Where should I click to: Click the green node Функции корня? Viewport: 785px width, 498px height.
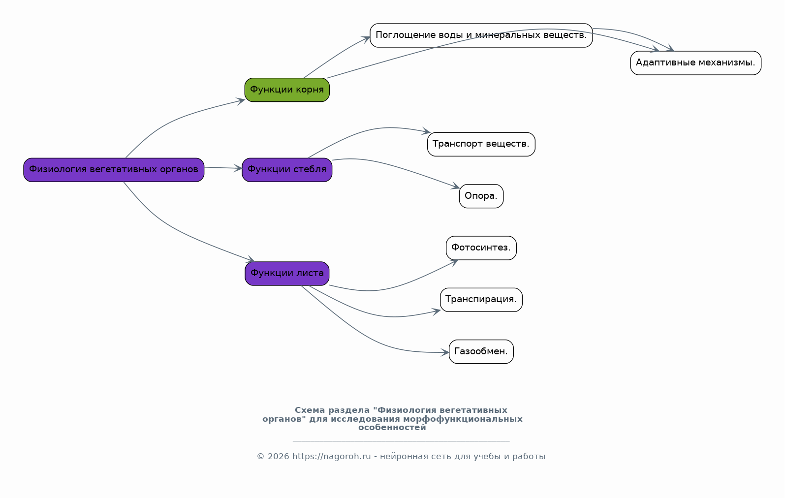click(287, 90)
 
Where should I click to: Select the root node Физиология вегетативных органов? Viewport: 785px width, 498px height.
click(114, 170)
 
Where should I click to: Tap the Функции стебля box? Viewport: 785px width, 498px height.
click(287, 170)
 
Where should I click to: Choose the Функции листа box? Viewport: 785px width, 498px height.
click(287, 274)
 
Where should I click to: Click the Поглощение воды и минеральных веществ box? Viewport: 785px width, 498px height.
click(481, 35)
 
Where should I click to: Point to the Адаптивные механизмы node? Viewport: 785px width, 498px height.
click(695, 63)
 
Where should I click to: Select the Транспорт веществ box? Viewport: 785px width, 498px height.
click(481, 144)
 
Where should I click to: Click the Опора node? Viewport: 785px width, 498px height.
click(481, 196)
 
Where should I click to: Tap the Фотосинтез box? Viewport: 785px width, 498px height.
click(481, 248)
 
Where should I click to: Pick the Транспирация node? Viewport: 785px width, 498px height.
click(481, 300)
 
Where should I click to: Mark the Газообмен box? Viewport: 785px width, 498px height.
click(481, 352)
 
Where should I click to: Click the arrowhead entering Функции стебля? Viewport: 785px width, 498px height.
click(238, 169)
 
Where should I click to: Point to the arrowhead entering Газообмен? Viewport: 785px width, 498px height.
click(445, 352)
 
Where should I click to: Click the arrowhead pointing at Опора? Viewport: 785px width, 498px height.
click(455, 186)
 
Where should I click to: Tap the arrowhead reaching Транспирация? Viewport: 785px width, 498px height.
click(436, 311)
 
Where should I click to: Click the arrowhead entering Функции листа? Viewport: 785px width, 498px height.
click(251, 259)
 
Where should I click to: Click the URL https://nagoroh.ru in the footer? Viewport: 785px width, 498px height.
click(332, 457)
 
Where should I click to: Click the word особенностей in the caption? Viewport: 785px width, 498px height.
click(392, 428)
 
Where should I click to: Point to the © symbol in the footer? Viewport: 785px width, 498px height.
click(260, 457)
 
